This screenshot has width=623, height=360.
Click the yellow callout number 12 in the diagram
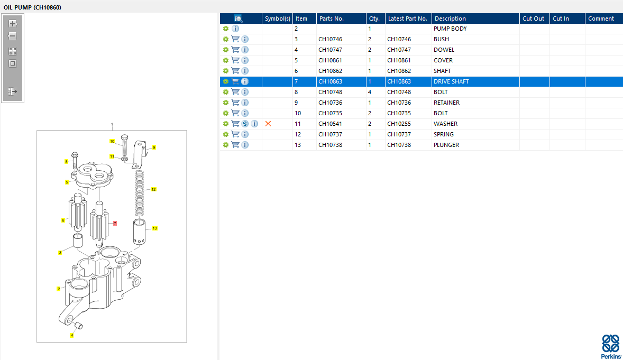point(153,189)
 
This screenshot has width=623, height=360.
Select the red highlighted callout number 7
point(115,224)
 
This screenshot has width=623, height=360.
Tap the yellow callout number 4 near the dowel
point(72,335)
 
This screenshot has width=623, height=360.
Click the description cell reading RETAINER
point(447,103)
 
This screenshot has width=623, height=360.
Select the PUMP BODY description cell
point(450,29)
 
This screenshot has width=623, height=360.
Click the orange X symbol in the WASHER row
point(268,124)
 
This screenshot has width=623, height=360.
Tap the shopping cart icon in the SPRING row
point(235,134)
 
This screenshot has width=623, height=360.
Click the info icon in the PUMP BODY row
point(235,29)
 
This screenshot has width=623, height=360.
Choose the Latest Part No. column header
point(407,19)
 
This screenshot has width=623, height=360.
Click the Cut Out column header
point(533,19)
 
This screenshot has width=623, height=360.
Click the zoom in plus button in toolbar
point(13,24)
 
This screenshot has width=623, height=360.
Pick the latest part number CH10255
point(399,124)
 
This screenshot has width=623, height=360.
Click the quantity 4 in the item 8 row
point(370,92)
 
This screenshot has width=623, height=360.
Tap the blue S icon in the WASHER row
point(245,124)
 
